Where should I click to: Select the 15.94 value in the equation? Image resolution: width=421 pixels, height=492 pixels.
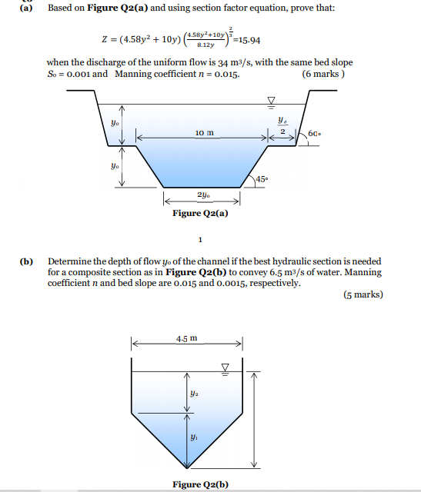point(247,40)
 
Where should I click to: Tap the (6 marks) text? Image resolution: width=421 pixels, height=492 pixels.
point(324,75)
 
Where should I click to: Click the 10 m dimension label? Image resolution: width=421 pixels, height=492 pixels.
point(204,133)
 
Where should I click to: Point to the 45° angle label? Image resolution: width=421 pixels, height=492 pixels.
point(262,181)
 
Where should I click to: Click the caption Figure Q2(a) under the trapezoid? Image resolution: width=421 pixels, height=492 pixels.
point(200,214)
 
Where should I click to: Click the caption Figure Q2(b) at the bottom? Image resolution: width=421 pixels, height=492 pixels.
point(200,484)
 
